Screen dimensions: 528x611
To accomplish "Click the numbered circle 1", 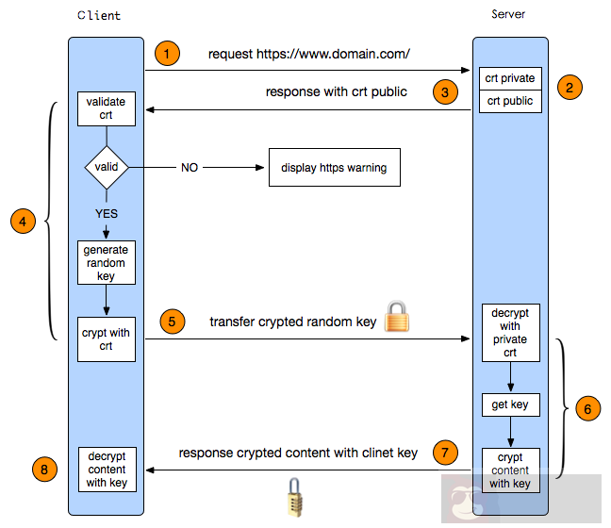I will pyautogui.click(x=166, y=53).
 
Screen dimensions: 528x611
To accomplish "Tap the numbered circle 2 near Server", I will pyautogui.click(x=570, y=88).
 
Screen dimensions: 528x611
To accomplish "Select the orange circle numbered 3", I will pyautogui.click(x=445, y=91).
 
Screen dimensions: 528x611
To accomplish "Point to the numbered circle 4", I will pyautogui.click(x=24, y=222).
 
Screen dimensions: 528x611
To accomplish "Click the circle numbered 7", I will pyautogui.click(x=444, y=452).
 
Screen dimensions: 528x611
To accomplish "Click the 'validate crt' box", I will pyautogui.click(x=106, y=107).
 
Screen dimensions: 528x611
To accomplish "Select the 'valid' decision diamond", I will pyautogui.click(x=107, y=168).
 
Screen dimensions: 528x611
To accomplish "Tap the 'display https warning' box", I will pyautogui.click(x=333, y=168).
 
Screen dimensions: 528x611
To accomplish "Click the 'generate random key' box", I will pyautogui.click(x=106, y=262).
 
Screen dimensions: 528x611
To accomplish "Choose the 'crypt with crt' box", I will pyautogui.click(x=106, y=338).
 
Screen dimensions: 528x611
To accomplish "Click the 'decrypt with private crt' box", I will pyautogui.click(x=510, y=332).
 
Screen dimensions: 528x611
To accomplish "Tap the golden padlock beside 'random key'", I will pyautogui.click(x=398, y=318).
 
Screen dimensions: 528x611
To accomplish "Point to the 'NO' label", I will pyautogui.click(x=190, y=168).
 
